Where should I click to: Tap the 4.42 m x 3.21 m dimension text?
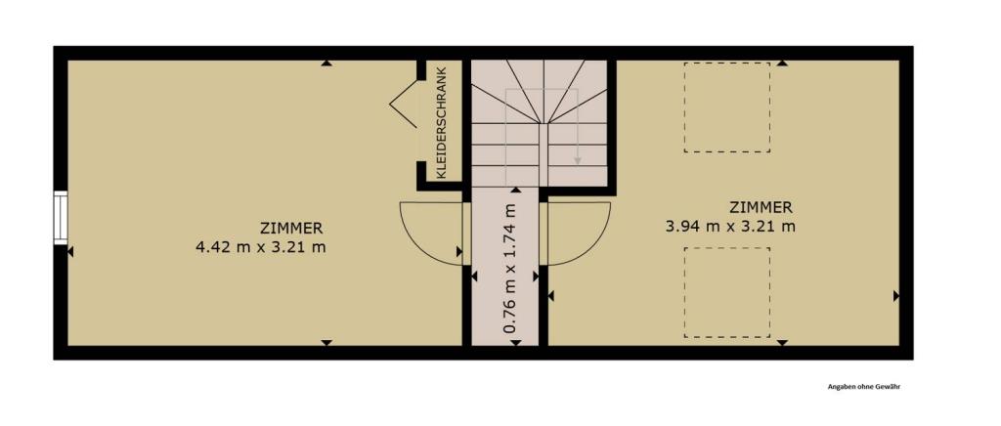[261, 247]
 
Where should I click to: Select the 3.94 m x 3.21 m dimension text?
[730, 227]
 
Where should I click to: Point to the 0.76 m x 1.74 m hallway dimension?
[509, 268]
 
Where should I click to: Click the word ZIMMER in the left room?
[291, 228]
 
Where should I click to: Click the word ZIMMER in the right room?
[762, 207]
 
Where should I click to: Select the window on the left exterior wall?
[61, 218]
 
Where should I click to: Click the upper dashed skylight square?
[727, 107]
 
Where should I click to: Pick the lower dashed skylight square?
[727, 293]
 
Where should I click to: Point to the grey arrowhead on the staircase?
[577, 160]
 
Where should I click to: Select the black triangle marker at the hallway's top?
[516, 191]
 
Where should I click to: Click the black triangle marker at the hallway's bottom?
[516, 343]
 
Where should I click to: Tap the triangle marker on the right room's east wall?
[896, 296]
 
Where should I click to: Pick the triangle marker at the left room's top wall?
[326, 63]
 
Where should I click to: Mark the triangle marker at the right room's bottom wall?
[783, 343]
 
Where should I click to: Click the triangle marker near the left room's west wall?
[70, 252]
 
